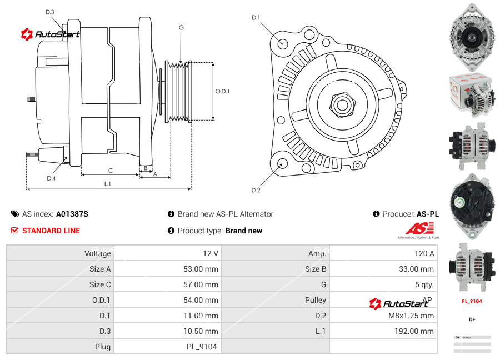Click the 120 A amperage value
tap(424, 253)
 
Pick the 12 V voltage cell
tap(210, 253)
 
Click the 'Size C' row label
tap(100, 284)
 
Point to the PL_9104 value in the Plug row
tap(201, 347)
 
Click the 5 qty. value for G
tap(424, 284)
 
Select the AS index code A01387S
tap(72, 214)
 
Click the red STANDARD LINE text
tap(51, 231)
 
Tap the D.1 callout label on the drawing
tap(256, 18)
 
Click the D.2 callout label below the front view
tap(256, 191)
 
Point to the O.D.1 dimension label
tap(222, 92)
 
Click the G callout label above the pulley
tap(181, 27)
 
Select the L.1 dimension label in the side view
tap(107, 184)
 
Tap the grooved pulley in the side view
tap(180, 92)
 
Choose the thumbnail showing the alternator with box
tap(472, 92)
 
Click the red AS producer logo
tap(419, 229)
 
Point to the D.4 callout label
tap(51, 178)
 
